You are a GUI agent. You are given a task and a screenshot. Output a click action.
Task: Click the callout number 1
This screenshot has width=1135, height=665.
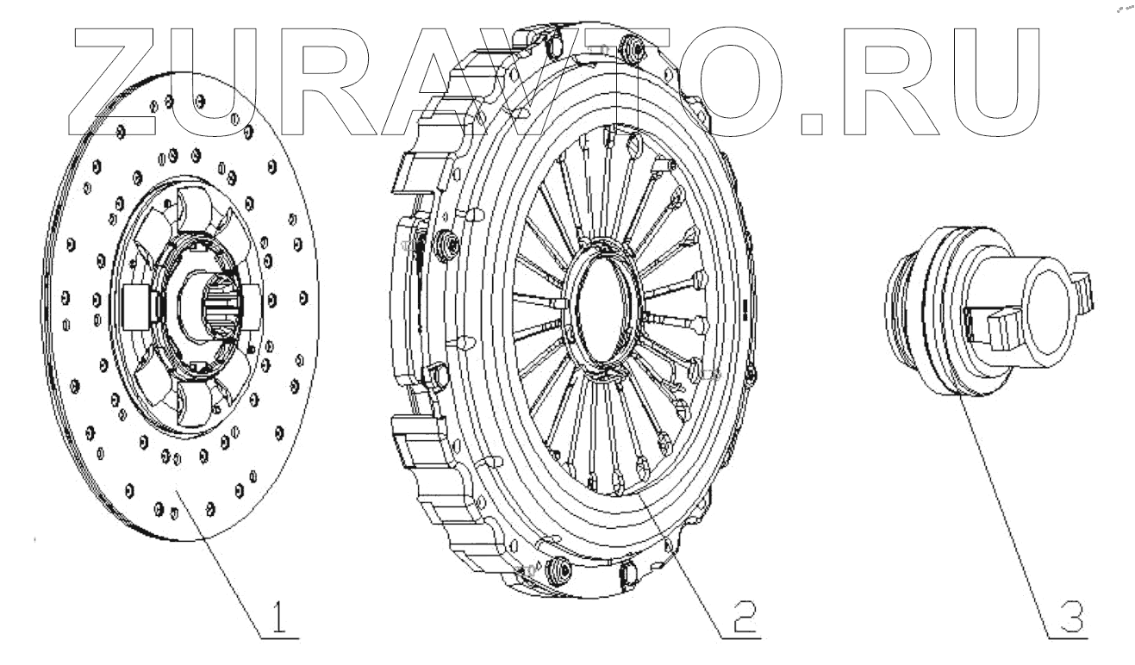[278, 616]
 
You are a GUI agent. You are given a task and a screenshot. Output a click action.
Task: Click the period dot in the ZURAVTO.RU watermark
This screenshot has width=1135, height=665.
[812, 125]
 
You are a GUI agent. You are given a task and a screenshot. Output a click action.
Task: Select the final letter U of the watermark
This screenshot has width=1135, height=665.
[996, 82]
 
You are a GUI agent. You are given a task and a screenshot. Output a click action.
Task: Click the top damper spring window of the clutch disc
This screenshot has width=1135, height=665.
[194, 208]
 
